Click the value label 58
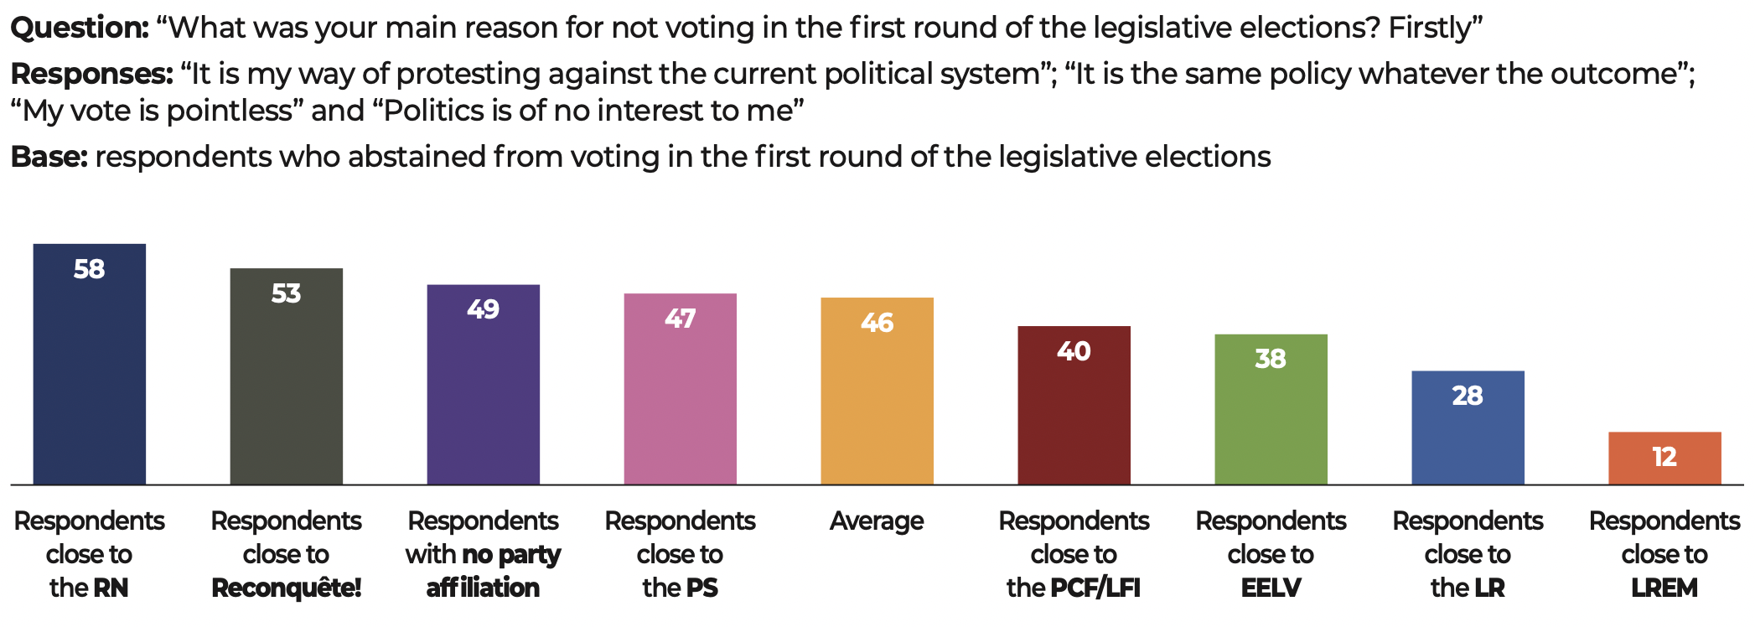90,269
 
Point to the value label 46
877,323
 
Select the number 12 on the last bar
1665,457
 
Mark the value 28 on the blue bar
1468,396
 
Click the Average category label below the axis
877,521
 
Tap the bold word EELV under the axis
1271,588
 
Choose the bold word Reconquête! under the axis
287,588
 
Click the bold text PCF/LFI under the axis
1095,588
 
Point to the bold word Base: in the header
49,157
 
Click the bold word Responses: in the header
91,75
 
